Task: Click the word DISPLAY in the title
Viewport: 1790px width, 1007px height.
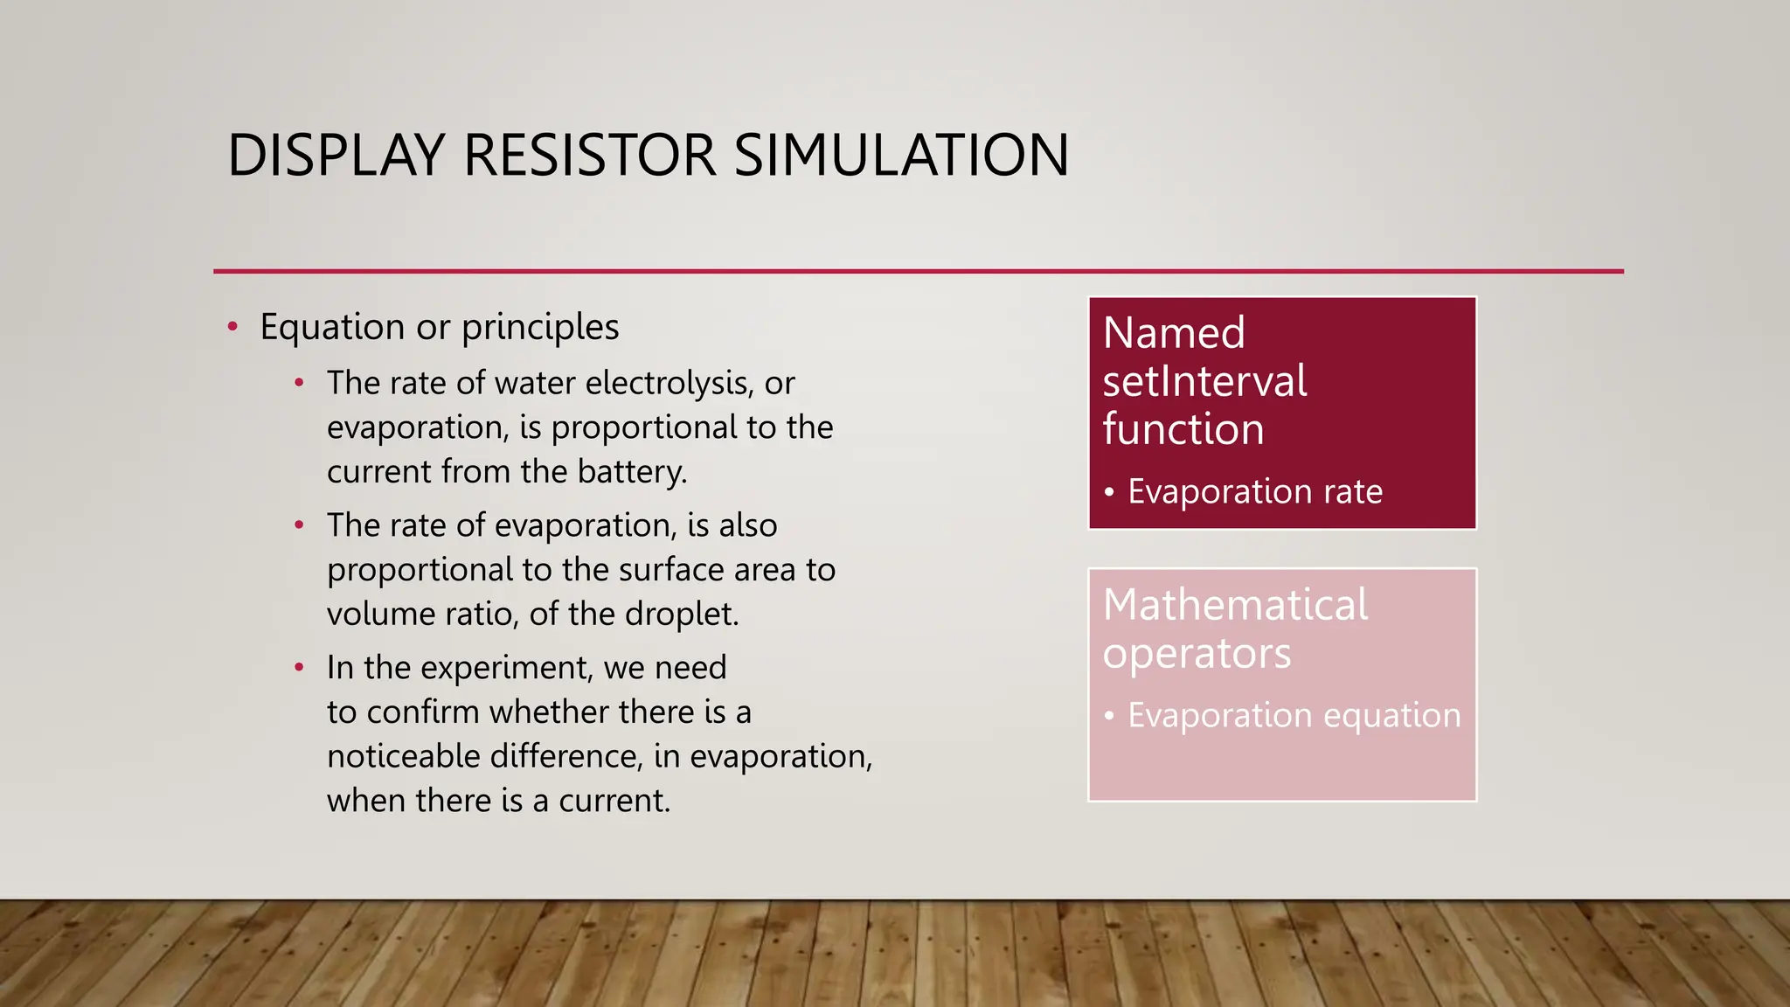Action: pyautogui.click(x=336, y=156)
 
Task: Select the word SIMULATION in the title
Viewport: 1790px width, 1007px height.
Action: pyautogui.click(x=901, y=156)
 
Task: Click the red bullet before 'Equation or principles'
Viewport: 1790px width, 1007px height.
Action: pyautogui.click(x=232, y=328)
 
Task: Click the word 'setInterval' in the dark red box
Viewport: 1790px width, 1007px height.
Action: pyautogui.click(x=1204, y=381)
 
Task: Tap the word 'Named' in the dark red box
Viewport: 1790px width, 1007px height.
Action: pyautogui.click(x=1174, y=333)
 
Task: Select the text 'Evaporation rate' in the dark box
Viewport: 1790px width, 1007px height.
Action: pyautogui.click(x=1255, y=492)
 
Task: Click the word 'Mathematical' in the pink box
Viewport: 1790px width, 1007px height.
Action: pyautogui.click(x=1235, y=605)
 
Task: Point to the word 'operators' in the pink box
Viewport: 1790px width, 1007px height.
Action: pyautogui.click(x=1197, y=654)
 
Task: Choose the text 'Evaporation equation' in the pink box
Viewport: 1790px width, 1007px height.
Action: pyautogui.click(x=1294, y=716)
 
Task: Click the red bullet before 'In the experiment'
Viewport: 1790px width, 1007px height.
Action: pyautogui.click(x=299, y=669)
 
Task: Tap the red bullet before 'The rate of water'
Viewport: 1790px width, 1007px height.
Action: pyautogui.click(x=299, y=384)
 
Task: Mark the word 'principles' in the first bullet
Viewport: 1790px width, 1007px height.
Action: pyautogui.click(x=540, y=328)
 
